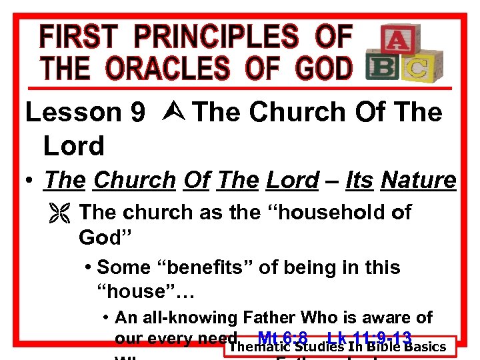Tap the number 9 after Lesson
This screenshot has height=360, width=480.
[138, 113]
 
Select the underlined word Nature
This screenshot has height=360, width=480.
[418, 180]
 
